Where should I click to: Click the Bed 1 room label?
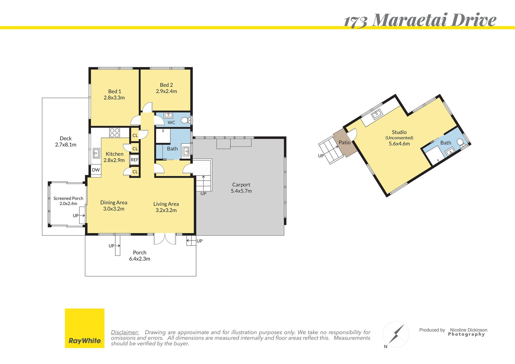(115, 91)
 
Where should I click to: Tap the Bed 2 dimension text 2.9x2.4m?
(166, 91)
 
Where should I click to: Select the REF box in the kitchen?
(134, 160)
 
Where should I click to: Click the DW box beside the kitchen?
(96, 170)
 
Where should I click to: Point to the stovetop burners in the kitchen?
(115, 133)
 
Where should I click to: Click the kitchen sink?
(96, 153)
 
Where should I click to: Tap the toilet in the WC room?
(185, 120)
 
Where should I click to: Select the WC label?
(171, 122)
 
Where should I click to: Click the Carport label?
(241, 185)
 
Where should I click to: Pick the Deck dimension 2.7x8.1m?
(66, 145)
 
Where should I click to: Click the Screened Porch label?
(68, 198)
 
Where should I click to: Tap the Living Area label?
(166, 204)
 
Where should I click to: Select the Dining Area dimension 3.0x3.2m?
(114, 209)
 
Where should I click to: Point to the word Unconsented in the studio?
(399, 138)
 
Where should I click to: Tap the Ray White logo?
(85, 328)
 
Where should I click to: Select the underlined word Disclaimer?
(125, 332)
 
